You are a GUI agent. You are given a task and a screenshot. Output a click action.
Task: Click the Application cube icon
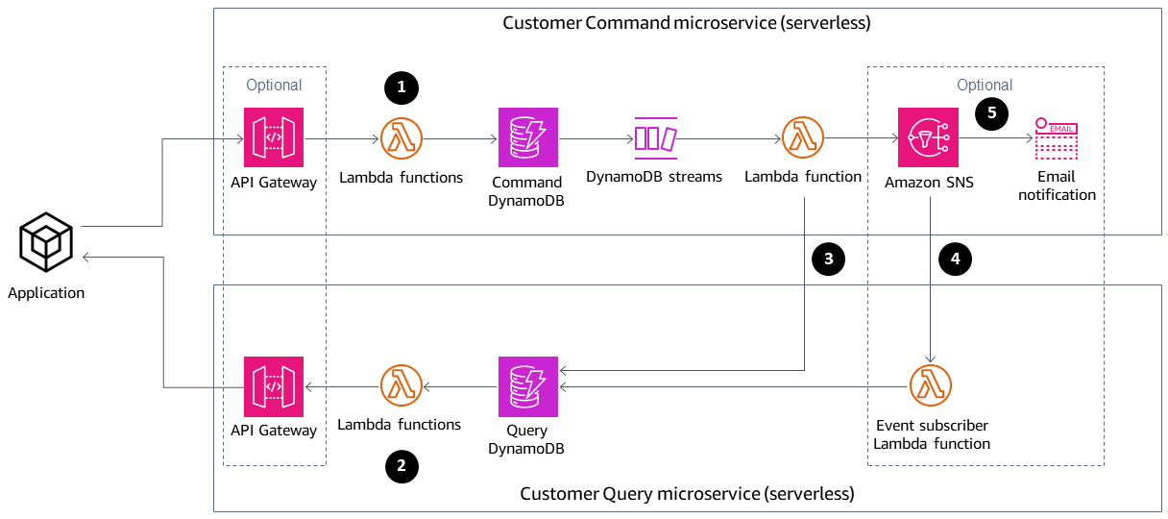pyautogui.click(x=47, y=242)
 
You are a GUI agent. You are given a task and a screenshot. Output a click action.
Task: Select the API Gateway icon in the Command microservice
pyautogui.click(x=274, y=137)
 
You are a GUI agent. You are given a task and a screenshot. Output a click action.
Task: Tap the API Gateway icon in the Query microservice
pyautogui.click(x=274, y=386)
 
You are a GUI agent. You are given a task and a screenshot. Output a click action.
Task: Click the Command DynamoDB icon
pyautogui.click(x=527, y=137)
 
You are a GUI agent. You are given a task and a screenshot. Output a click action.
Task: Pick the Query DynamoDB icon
pyautogui.click(x=527, y=386)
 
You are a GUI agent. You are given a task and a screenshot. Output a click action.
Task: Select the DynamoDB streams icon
pyautogui.click(x=655, y=137)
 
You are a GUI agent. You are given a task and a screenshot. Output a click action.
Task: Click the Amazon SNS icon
pyautogui.click(x=928, y=137)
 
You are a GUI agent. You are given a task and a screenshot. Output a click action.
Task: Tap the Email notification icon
pyautogui.click(x=1056, y=138)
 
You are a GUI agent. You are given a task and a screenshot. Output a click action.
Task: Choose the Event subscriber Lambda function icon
pyautogui.click(x=930, y=386)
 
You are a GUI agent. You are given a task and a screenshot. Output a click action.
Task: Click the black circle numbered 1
pyautogui.click(x=401, y=87)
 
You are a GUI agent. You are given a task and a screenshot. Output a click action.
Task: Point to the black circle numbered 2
pyautogui.click(x=401, y=467)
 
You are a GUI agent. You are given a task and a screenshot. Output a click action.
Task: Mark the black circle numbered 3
pyautogui.click(x=828, y=259)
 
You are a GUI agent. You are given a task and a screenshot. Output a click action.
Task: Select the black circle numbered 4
pyautogui.click(x=956, y=259)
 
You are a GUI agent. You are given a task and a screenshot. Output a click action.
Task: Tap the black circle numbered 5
pyautogui.click(x=992, y=112)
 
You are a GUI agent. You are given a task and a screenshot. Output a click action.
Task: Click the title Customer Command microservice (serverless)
pyautogui.click(x=686, y=23)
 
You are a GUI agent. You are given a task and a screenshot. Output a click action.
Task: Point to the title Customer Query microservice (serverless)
pyautogui.click(x=686, y=494)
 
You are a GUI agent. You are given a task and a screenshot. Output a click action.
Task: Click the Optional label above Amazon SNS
pyautogui.click(x=985, y=85)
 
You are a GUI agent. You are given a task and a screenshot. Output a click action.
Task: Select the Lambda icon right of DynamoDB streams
pyautogui.click(x=803, y=137)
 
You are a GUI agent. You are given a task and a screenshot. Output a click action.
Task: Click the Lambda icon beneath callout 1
pyautogui.click(x=401, y=137)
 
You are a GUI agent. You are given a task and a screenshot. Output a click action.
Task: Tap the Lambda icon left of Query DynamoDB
pyautogui.click(x=401, y=386)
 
